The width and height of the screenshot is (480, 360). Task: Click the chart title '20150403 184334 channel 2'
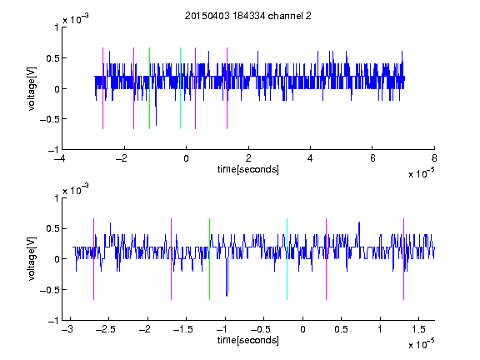pyautogui.click(x=248, y=16)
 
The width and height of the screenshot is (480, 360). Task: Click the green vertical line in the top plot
pyautogui.click(x=149, y=88)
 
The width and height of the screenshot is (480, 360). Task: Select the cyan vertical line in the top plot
pyautogui.click(x=180, y=88)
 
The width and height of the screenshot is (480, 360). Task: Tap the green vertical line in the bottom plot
pyautogui.click(x=209, y=259)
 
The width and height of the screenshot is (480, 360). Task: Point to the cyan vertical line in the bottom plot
pyautogui.click(x=287, y=259)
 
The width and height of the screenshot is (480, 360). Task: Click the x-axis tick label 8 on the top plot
pyautogui.click(x=434, y=158)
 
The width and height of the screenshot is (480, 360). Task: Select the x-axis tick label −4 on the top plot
pyautogui.click(x=60, y=158)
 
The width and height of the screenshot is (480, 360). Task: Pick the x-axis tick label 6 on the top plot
pyautogui.click(x=372, y=158)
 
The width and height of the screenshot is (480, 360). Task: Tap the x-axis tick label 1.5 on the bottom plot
pyautogui.click(x=418, y=329)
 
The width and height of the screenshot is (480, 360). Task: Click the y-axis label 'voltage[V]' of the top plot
pyautogui.click(x=32, y=88)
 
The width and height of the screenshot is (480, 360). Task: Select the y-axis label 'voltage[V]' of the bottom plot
pyautogui.click(x=32, y=259)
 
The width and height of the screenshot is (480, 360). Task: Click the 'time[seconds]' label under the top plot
pyautogui.click(x=248, y=169)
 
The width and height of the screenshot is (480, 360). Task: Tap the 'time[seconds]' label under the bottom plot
pyautogui.click(x=248, y=340)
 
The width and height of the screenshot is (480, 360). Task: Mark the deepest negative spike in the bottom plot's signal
pyautogui.click(x=227, y=295)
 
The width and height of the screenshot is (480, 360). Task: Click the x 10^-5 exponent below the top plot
pyautogui.click(x=421, y=172)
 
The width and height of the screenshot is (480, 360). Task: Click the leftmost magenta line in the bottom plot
pyautogui.click(x=93, y=259)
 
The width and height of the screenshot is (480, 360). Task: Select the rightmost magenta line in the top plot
pyautogui.click(x=227, y=88)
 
